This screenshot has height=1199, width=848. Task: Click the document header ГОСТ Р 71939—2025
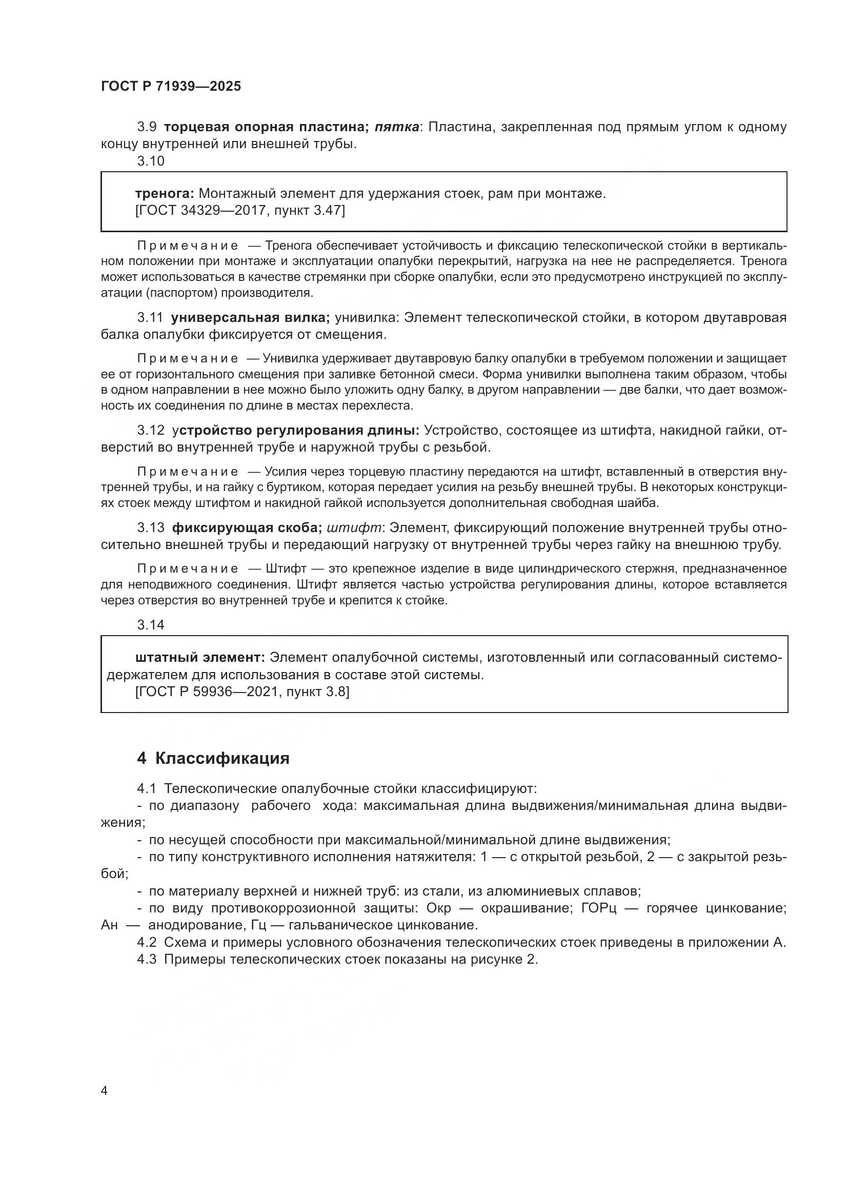point(171,86)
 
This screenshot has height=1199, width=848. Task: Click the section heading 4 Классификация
point(213,758)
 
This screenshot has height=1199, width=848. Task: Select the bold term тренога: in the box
point(165,194)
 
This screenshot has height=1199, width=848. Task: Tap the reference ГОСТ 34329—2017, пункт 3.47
point(239,211)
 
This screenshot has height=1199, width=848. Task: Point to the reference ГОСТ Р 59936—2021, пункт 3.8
point(242,692)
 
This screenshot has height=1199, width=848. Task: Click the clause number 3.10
point(150,161)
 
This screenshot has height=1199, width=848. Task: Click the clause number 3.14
point(150,624)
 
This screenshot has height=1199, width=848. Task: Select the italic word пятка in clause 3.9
point(397,127)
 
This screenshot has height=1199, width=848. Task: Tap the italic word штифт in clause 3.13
point(354,527)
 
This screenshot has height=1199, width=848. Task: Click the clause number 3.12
point(150,430)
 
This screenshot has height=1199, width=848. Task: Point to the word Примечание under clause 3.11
point(188,358)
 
